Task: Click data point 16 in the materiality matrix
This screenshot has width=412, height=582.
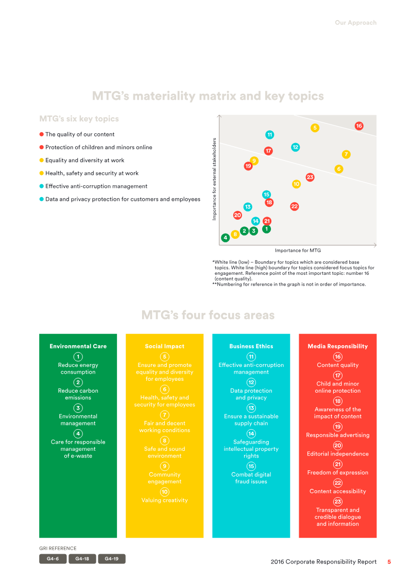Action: pos(359,126)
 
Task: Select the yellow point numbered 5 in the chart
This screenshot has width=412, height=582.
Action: pos(315,128)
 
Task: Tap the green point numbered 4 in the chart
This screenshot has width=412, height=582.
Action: pos(226,238)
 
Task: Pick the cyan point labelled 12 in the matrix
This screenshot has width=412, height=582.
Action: pos(295,147)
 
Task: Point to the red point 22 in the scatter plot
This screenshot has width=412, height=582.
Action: pos(295,206)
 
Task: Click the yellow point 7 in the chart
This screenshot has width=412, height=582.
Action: pos(346,154)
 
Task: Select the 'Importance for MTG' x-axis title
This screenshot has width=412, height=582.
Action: pos(298,251)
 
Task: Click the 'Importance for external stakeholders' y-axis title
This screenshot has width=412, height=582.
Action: pos(214,179)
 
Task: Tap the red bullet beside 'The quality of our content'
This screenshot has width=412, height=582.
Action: pos(42,134)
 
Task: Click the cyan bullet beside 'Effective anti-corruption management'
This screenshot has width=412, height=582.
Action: pos(42,186)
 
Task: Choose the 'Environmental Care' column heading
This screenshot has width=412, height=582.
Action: pos(78,346)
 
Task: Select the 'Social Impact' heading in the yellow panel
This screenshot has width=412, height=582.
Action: pos(165,346)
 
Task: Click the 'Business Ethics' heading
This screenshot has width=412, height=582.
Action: pos(251,346)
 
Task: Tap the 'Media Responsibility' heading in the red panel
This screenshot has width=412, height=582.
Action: pos(338,346)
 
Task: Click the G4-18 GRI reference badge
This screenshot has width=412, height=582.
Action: pos(82,559)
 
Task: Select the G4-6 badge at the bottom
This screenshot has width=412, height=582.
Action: pos(53,559)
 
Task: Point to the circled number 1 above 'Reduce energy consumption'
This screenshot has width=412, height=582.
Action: pos(78,357)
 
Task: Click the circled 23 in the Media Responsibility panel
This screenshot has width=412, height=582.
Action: pos(338,502)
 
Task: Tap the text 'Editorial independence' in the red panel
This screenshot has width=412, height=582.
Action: pos(338,454)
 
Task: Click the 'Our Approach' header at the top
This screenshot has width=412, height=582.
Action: pos(355,23)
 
